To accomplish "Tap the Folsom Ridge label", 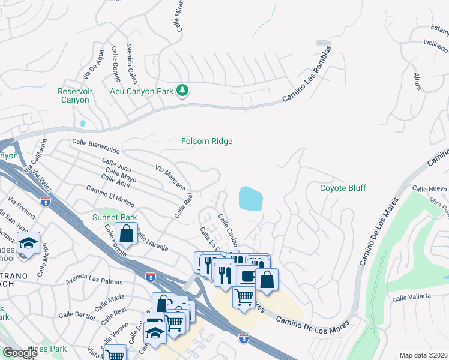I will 207,141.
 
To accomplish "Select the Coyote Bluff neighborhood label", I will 342,188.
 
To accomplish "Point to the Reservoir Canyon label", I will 74,95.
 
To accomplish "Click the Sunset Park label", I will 114,217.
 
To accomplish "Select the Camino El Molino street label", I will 110,194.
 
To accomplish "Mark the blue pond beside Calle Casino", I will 250,198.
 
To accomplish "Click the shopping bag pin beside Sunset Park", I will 127,232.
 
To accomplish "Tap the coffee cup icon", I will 247,276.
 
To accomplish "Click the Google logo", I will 20,353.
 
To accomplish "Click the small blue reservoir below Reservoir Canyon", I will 82,123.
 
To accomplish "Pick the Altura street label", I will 417,82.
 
